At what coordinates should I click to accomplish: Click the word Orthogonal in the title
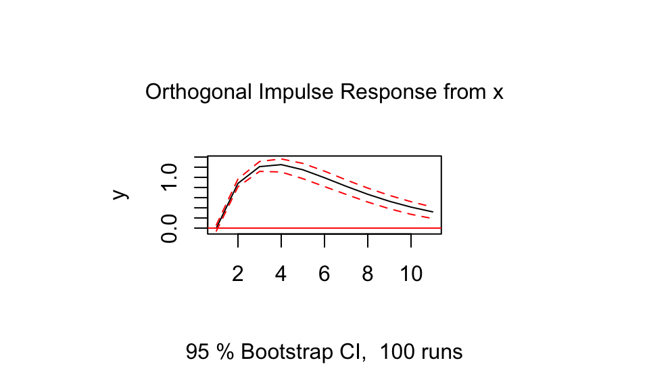point(198,93)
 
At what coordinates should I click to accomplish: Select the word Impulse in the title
point(296,92)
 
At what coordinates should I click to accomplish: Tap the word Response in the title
point(388,93)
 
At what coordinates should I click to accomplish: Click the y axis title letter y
point(121,194)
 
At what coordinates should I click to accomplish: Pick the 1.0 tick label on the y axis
point(170,177)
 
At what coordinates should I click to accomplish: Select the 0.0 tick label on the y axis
point(170,229)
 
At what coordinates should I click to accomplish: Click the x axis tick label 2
point(237,274)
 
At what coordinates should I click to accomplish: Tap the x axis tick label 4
point(281,274)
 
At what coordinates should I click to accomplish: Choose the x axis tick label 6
point(324,274)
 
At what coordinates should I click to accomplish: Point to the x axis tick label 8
point(368,274)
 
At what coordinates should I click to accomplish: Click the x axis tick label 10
point(411,274)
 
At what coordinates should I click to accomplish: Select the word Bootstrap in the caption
point(287,353)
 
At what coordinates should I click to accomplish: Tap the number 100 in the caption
point(397,352)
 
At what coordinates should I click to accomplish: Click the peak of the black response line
point(281,165)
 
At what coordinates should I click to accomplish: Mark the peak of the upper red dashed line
point(281,158)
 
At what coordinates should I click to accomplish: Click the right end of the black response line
point(433,212)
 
